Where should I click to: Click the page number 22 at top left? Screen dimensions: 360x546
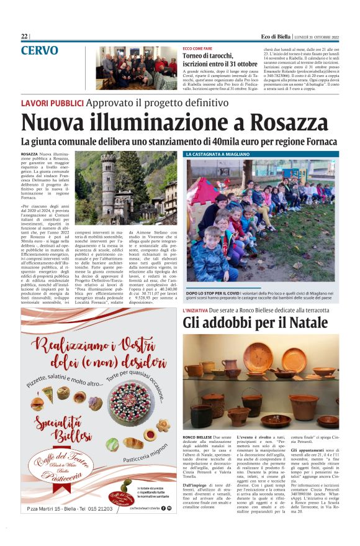tap(24, 37)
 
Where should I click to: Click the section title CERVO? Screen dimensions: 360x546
tap(40, 50)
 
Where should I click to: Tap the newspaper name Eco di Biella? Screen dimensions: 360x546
tap(277, 37)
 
